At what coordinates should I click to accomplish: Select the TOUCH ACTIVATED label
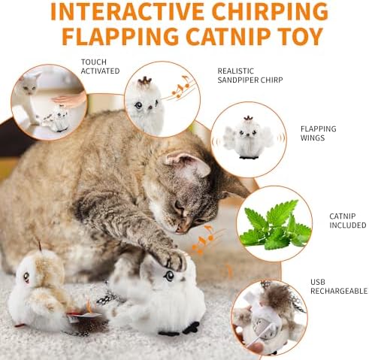[100, 66]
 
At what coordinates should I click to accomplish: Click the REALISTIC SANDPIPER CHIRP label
[250, 75]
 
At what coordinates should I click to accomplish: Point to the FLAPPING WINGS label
[319, 133]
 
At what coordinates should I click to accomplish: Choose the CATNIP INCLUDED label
[348, 220]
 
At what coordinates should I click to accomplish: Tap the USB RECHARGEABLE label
[339, 286]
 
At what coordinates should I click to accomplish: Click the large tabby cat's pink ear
[187, 163]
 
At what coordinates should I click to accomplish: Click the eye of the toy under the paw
[169, 276]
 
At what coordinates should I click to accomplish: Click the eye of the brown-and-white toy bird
[26, 277]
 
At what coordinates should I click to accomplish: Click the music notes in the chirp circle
[181, 87]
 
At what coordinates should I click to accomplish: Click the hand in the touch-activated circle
[70, 100]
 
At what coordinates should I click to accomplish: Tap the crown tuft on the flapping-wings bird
[248, 117]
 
